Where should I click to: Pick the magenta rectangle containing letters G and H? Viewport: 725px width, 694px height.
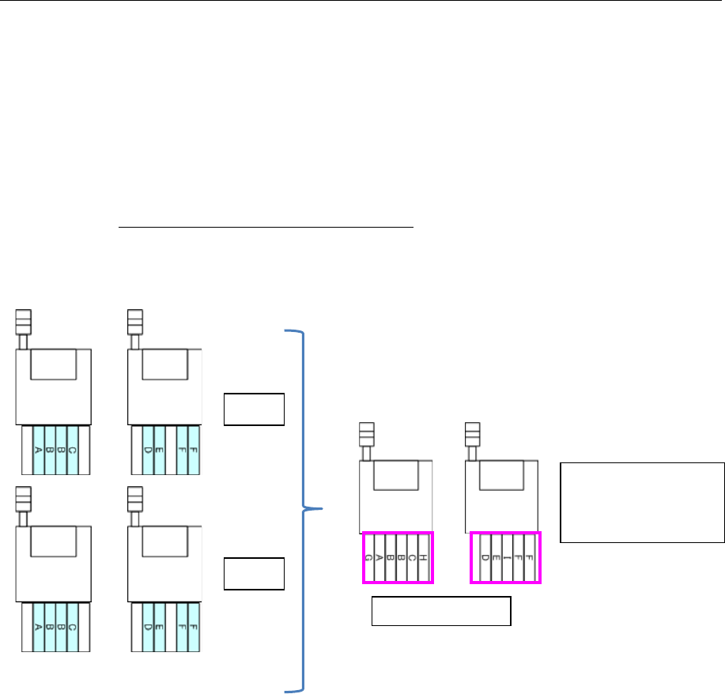click(398, 532)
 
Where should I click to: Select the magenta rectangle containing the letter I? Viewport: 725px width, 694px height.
click(506, 532)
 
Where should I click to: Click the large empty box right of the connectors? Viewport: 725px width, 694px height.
click(642, 503)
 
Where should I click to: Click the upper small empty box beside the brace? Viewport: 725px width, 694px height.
click(254, 408)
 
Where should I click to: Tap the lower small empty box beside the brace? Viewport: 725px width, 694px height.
click(254, 573)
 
